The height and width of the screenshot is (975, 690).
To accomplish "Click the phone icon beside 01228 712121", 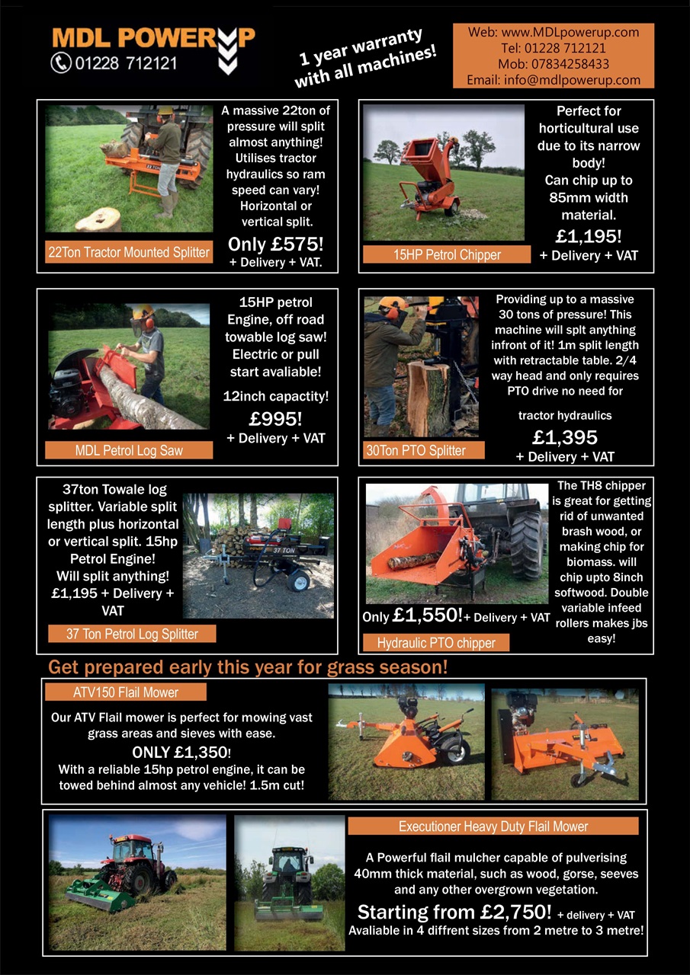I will click(x=61, y=62).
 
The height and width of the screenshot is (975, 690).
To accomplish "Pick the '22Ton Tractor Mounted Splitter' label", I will click(x=129, y=252).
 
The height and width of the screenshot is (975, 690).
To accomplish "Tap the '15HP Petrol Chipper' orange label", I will click(x=446, y=255).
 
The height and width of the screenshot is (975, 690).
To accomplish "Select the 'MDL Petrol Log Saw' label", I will click(x=129, y=450).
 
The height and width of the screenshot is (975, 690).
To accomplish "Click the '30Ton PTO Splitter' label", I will click(x=416, y=450).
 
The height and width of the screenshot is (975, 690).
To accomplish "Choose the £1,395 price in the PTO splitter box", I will click(x=565, y=437).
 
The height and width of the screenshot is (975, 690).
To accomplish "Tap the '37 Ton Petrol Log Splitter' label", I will click(x=132, y=634).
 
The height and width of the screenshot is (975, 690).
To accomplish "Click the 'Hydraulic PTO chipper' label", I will click(x=436, y=643).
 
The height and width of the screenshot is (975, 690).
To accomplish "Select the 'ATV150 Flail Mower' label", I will click(x=126, y=692).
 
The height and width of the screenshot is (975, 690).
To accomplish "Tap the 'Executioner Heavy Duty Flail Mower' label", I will click(x=493, y=826).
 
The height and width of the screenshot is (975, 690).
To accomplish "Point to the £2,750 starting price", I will click(x=454, y=912).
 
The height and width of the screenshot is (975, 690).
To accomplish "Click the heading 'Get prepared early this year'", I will click(x=248, y=667).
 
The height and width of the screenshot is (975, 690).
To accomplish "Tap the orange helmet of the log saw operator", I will click(x=144, y=313).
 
